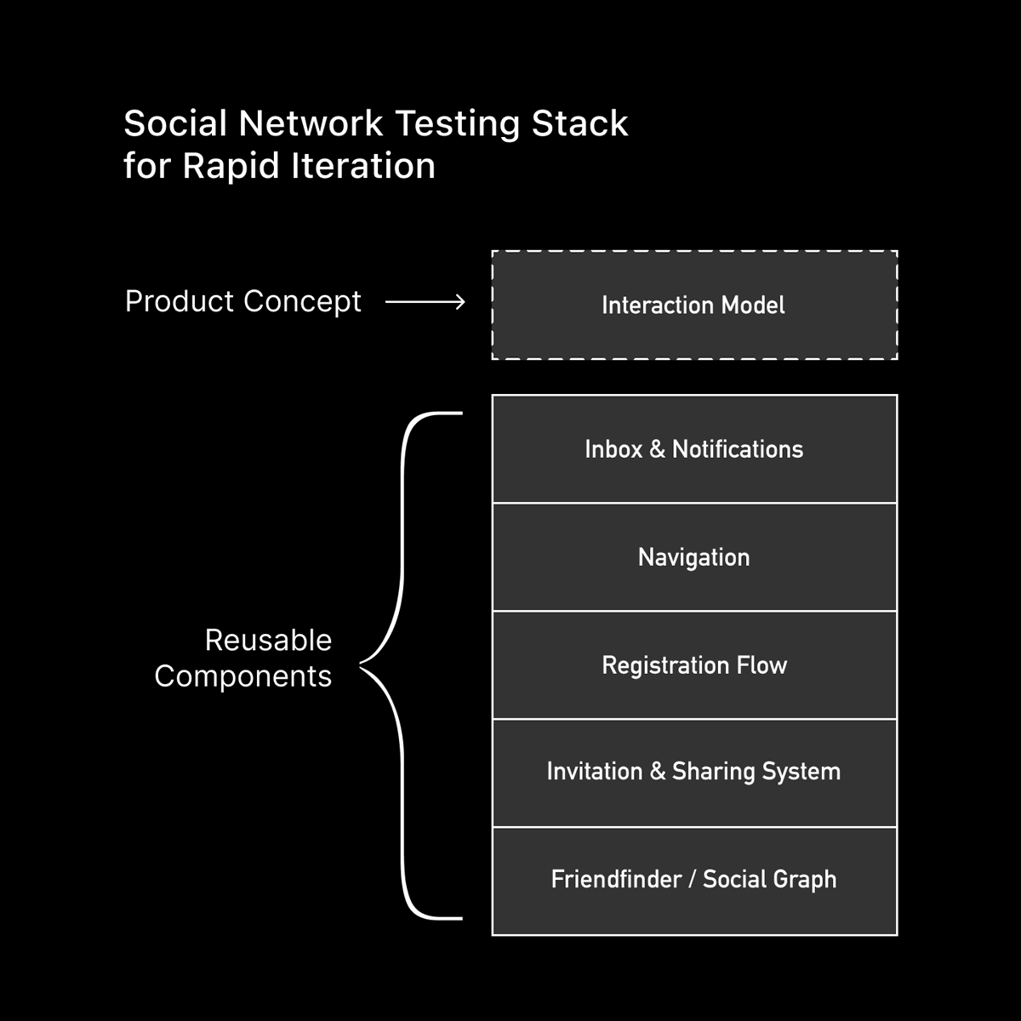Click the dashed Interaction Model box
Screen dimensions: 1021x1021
click(694, 305)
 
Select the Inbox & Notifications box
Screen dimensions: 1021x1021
click(694, 449)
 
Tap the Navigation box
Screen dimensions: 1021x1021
click(694, 557)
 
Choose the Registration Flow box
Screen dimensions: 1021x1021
click(694, 665)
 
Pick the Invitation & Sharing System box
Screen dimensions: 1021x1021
click(694, 772)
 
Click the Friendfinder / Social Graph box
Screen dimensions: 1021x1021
click(694, 880)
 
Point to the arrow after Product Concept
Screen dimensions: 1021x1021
click(425, 302)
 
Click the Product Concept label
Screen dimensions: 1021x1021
click(243, 301)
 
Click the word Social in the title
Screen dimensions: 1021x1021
click(174, 123)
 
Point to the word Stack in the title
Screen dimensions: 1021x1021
click(579, 123)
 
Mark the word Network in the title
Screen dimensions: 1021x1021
click(311, 123)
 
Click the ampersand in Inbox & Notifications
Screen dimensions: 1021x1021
click(657, 449)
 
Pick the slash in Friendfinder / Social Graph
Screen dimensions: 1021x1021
click(692, 880)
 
